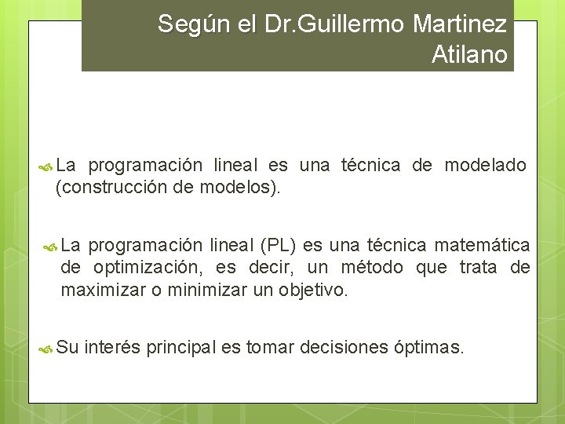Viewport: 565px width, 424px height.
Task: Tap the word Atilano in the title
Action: point(469,55)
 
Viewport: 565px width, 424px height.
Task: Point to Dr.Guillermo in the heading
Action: point(330,24)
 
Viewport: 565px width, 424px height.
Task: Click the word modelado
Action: point(485,165)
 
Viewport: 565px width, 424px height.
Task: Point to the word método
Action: point(373,268)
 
